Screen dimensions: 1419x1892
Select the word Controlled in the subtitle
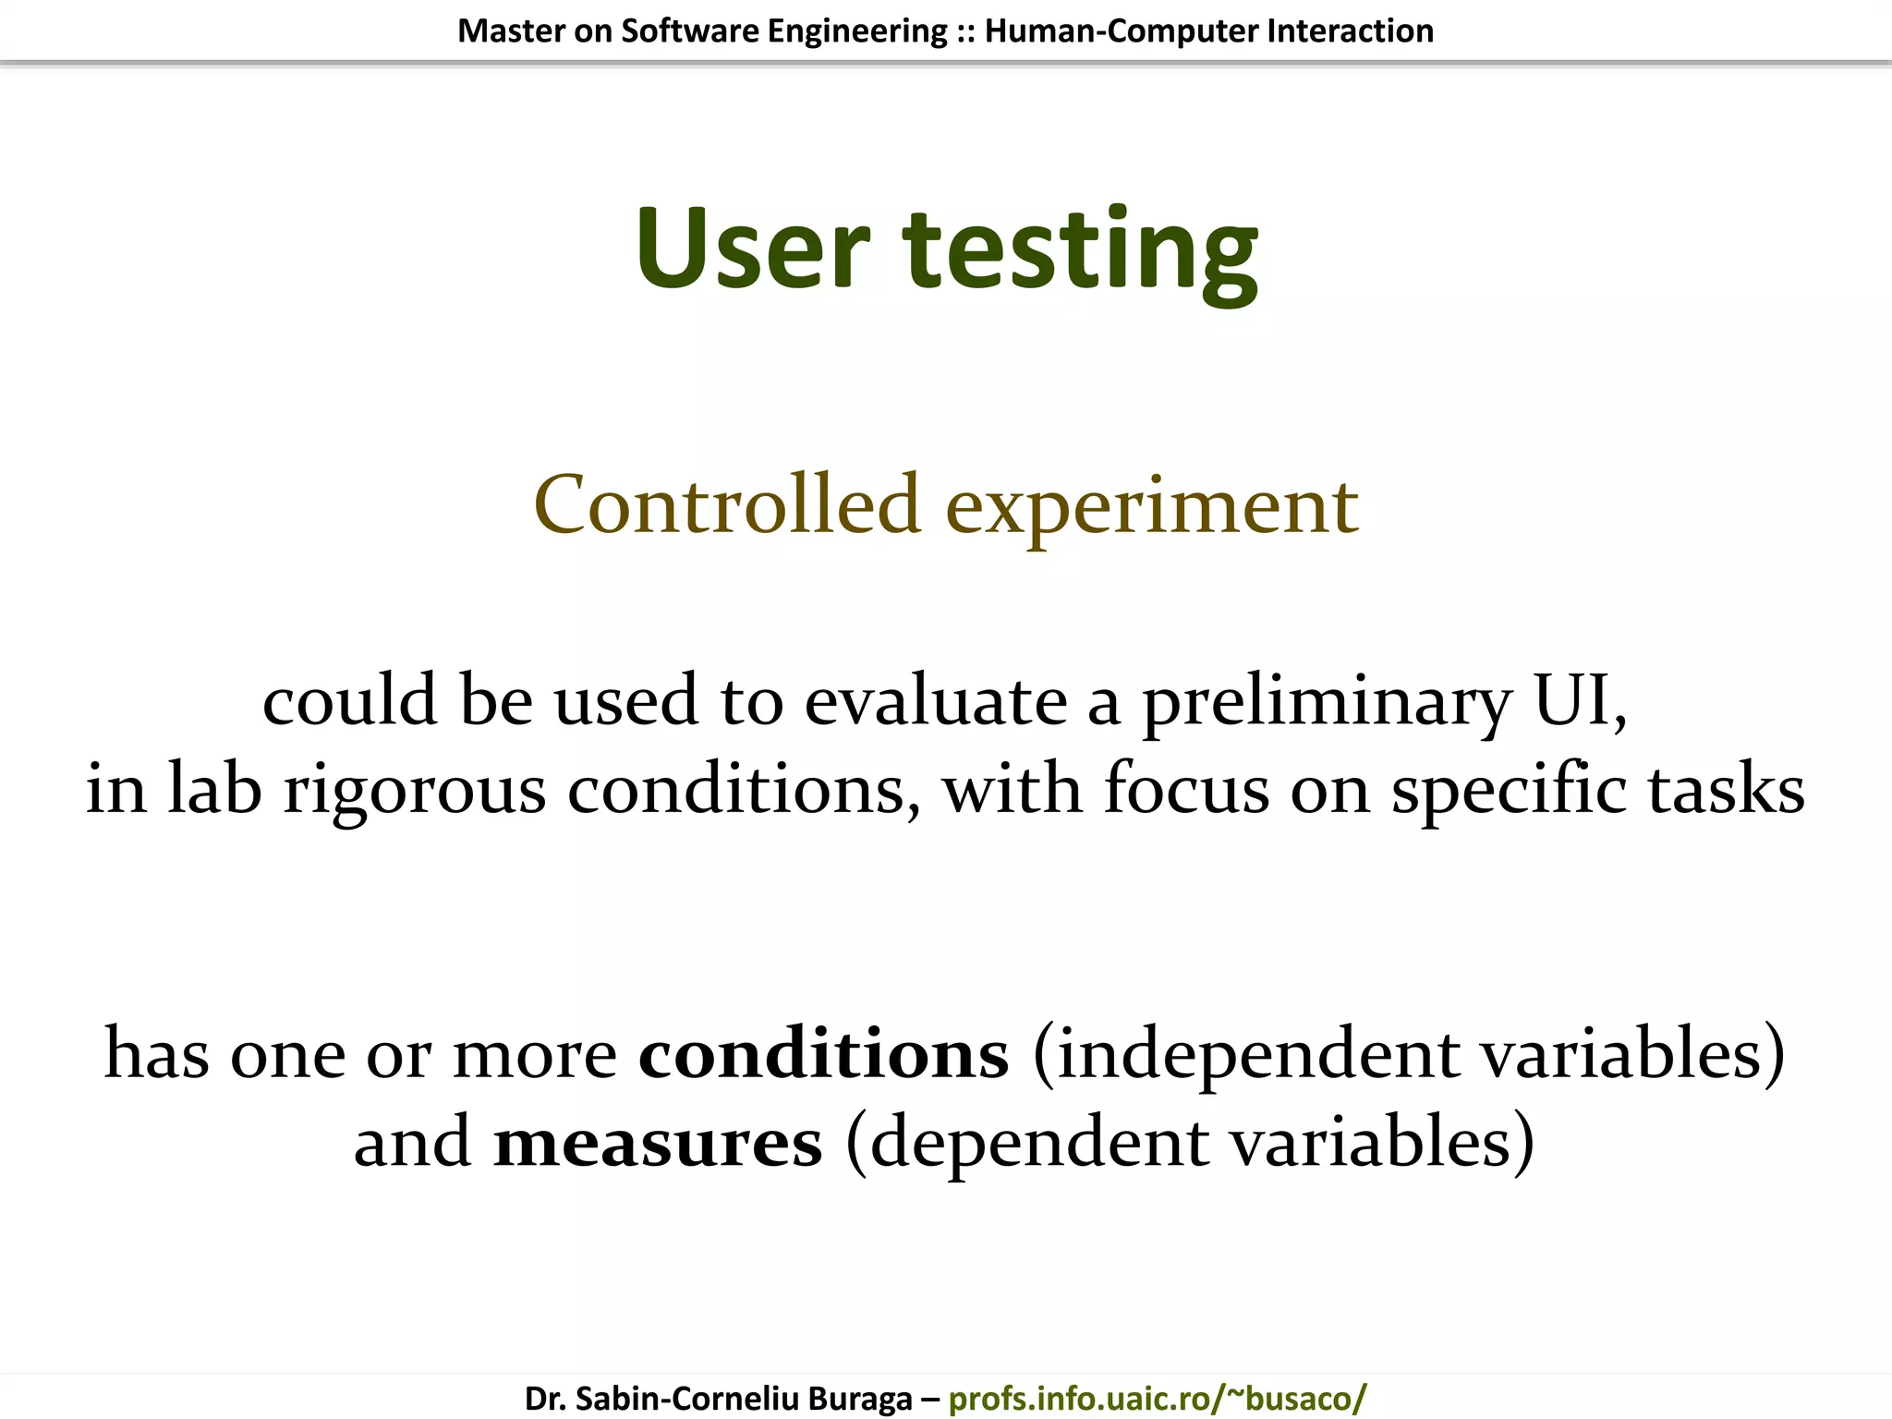point(727,504)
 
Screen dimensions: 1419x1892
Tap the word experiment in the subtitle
point(1152,508)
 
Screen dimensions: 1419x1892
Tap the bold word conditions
point(823,1054)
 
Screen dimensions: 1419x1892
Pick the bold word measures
point(657,1144)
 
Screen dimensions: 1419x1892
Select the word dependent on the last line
point(1038,1144)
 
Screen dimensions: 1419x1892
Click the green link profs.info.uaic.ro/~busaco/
point(1157,1399)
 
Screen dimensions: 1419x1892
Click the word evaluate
point(935,701)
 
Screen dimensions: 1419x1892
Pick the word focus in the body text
point(1186,790)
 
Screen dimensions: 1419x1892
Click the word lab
point(214,790)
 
